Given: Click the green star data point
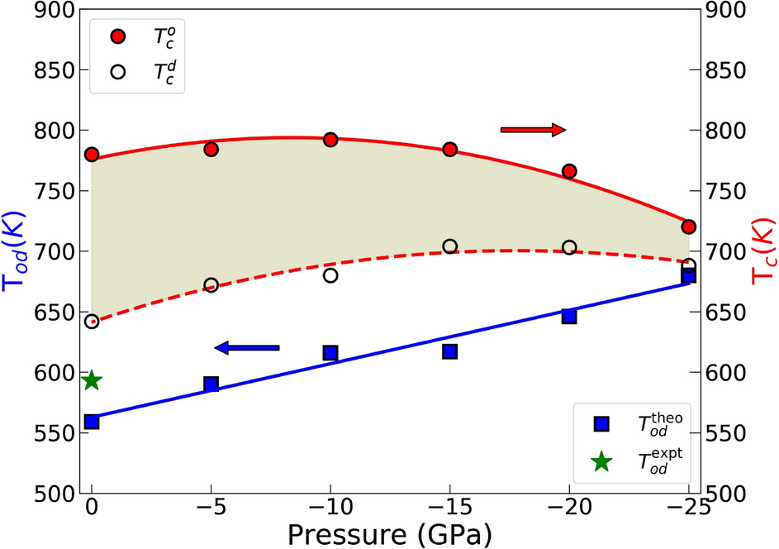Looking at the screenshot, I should point(92,380).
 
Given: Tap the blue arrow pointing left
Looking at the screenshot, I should point(247,348).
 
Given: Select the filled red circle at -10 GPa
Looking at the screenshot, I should point(330,140).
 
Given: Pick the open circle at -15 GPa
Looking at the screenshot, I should point(450,246).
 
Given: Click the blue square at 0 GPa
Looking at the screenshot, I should point(92,422).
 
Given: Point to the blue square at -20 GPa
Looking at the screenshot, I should point(569,316).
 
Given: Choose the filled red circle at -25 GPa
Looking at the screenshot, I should point(689,227).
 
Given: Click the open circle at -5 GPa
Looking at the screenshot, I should point(211,284).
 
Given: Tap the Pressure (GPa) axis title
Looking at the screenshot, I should point(390,533).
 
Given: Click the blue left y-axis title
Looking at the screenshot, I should point(18,251).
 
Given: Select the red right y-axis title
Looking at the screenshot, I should point(762,251).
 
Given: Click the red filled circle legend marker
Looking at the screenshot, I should point(119,36).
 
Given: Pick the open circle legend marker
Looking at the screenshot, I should point(119,71).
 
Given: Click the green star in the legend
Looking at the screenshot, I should point(601,462).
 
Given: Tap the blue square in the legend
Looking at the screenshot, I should point(601,423).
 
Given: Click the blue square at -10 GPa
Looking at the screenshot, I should point(330,353).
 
